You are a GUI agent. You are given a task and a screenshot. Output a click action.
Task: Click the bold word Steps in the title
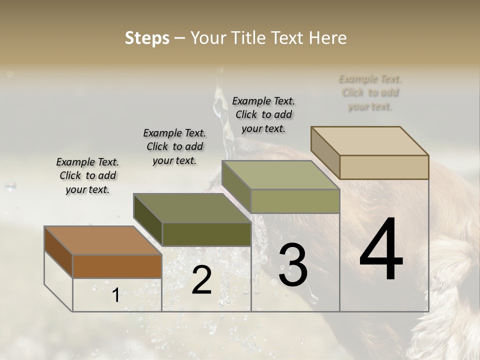tap(147, 38)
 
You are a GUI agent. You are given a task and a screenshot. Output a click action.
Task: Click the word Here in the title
tap(328, 38)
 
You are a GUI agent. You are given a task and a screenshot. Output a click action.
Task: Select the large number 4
tap(381, 250)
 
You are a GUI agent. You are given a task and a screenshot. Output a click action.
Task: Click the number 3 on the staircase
tap(293, 265)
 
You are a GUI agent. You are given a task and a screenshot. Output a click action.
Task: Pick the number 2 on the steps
tap(201, 280)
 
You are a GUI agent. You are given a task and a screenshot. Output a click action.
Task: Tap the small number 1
tap(115, 295)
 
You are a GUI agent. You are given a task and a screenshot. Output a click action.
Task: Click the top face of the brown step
tap(102, 240)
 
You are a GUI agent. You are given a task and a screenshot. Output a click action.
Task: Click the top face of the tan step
tap(369, 141)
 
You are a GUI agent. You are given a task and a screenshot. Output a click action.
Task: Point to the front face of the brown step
tap(117, 266)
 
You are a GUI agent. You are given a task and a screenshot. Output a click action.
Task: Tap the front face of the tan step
tap(384, 167)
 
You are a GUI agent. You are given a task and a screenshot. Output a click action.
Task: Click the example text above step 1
tap(87, 175)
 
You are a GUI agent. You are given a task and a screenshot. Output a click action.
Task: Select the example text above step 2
tap(174, 146)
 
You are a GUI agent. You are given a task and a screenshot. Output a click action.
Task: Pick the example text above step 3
tap(263, 114)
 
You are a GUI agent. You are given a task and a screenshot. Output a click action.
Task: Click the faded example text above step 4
tap(370, 92)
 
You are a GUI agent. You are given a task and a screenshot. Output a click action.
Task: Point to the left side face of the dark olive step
tap(148, 220)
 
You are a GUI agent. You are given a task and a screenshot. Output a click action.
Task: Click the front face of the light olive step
tap(295, 201)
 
